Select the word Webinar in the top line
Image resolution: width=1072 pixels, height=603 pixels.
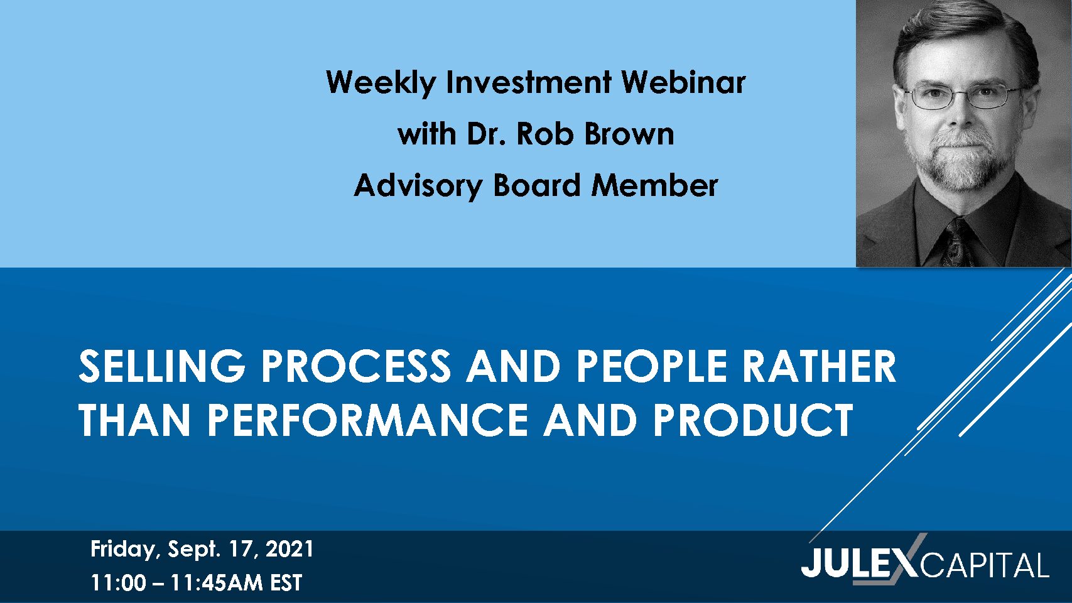pyautogui.click(x=683, y=82)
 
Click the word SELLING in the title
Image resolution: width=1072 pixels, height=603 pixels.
pyautogui.click(x=162, y=366)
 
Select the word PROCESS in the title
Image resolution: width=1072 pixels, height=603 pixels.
pyautogui.click(x=356, y=366)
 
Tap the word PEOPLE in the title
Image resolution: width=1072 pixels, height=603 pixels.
pyautogui.click(x=652, y=366)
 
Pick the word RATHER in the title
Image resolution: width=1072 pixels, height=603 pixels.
pyautogui.click(x=820, y=366)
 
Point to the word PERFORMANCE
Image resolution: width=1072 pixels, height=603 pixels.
pyautogui.click(x=367, y=420)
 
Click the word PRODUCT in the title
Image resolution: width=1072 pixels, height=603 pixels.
pyautogui.click(x=753, y=420)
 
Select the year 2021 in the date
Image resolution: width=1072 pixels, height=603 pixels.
pyautogui.click(x=290, y=549)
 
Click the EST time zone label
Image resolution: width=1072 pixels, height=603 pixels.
pyautogui.click(x=286, y=583)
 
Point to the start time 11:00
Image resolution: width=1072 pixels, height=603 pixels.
pyautogui.click(x=118, y=583)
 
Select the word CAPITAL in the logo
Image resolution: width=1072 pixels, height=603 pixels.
pyautogui.click(x=985, y=565)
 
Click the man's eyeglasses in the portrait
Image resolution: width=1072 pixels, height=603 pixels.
pyautogui.click(x=963, y=95)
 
